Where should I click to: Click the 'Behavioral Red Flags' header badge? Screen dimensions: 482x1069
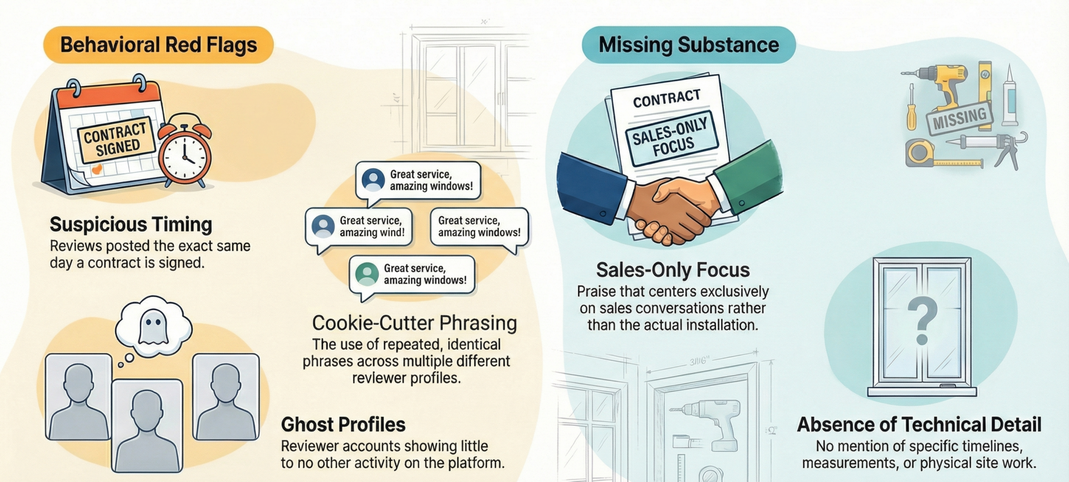coord(158,45)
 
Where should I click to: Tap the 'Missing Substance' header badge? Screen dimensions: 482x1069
coord(688,45)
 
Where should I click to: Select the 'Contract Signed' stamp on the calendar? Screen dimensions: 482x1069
coord(116,140)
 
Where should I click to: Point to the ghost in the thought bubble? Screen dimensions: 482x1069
coord(153,327)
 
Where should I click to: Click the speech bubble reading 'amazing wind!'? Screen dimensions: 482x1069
coord(359,227)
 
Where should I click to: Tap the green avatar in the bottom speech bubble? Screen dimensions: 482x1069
coord(367,274)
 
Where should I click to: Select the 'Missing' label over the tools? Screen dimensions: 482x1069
coord(959,118)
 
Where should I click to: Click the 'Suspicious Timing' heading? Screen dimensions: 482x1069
coord(131,224)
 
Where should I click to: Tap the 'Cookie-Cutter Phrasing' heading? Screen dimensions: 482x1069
coord(414,323)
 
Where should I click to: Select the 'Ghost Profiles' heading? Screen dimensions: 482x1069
coord(343,425)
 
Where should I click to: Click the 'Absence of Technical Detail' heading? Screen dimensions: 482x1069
coord(919,425)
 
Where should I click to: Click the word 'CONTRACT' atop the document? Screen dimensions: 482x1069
coord(666,99)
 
